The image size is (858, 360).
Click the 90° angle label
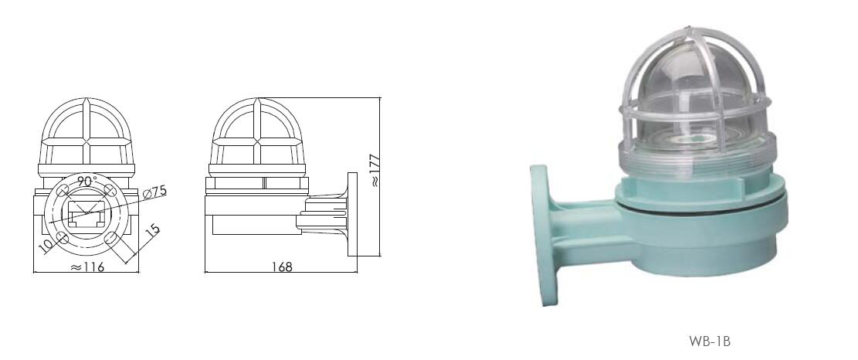coord(86,181)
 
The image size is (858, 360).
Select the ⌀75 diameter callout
coord(154,192)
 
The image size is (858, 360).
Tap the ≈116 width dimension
coord(87,267)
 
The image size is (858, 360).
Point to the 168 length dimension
coord(282,267)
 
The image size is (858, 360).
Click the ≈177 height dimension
coord(375,171)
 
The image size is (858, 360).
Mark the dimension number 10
coord(48,244)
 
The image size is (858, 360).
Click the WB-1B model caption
coord(710,341)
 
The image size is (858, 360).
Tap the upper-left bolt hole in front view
coord(63,190)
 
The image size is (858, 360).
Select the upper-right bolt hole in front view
coord(110,190)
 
